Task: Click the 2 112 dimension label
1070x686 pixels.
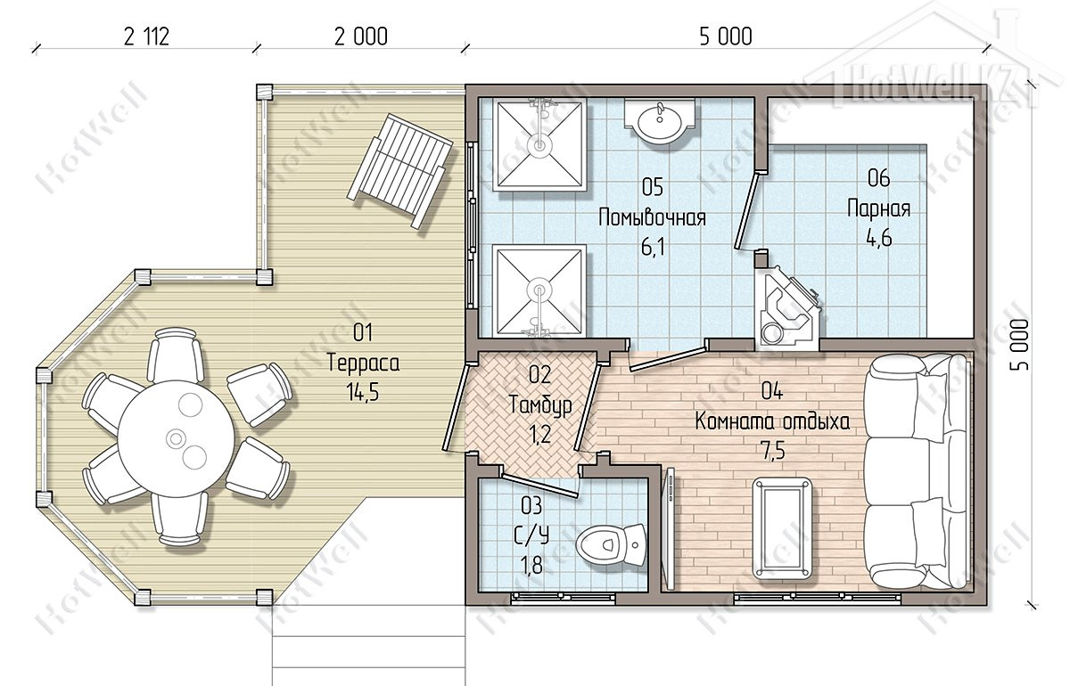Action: click(146, 37)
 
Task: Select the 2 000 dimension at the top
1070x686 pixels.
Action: click(360, 37)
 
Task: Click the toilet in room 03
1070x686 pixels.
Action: click(611, 545)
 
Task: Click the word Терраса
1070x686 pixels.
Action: click(364, 363)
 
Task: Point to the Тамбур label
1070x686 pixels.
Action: click(540, 404)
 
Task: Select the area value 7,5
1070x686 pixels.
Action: click(773, 450)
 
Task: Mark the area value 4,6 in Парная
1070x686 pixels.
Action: click(879, 237)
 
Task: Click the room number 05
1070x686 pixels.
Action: click(653, 187)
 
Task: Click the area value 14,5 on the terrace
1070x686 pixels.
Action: click(364, 393)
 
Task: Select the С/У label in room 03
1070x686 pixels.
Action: click(531, 535)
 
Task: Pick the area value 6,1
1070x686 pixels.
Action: click(653, 249)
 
